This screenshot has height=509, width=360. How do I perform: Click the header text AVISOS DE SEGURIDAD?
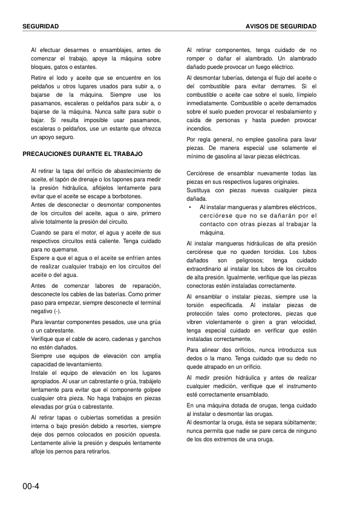click(281, 27)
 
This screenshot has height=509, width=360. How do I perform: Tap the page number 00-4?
click(31, 486)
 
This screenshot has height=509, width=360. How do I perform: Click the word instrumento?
click(300, 386)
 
